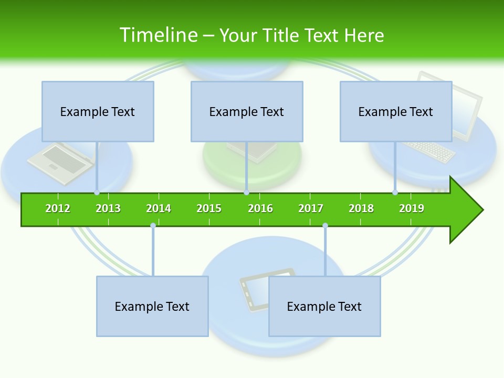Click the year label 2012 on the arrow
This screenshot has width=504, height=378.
pyautogui.click(x=58, y=208)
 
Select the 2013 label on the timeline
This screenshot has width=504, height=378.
pyautogui.click(x=108, y=208)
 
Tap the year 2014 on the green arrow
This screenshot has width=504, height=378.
pyautogui.click(x=159, y=208)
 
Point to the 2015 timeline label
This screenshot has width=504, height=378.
pyautogui.click(x=209, y=208)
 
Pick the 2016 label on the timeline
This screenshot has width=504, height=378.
pyautogui.click(x=260, y=208)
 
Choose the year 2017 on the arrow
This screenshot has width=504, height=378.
pyautogui.click(x=311, y=208)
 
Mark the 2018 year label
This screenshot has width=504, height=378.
pyautogui.click(x=361, y=208)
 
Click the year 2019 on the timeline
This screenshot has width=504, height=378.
pyautogui.click(x=412, y=208)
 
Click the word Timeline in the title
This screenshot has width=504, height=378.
pyautogui.click(x=157, y=35)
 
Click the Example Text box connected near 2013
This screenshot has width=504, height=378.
pyautogui.click(x=98, y=111)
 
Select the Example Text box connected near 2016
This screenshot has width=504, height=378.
pyautogui.click(x=247, y=111)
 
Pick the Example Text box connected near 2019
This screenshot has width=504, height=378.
pyautogui.click(x=396, y=111)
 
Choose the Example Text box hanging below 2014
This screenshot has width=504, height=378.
pyautogui.click(x=152, y=306)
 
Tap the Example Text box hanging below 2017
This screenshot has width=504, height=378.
pyautogui.click(x=324, y=306)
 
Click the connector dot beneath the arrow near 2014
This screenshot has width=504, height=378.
pyautogui.click(x=153, y=226)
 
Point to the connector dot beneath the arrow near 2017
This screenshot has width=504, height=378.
pyautogui.click(x=325, y=226)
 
